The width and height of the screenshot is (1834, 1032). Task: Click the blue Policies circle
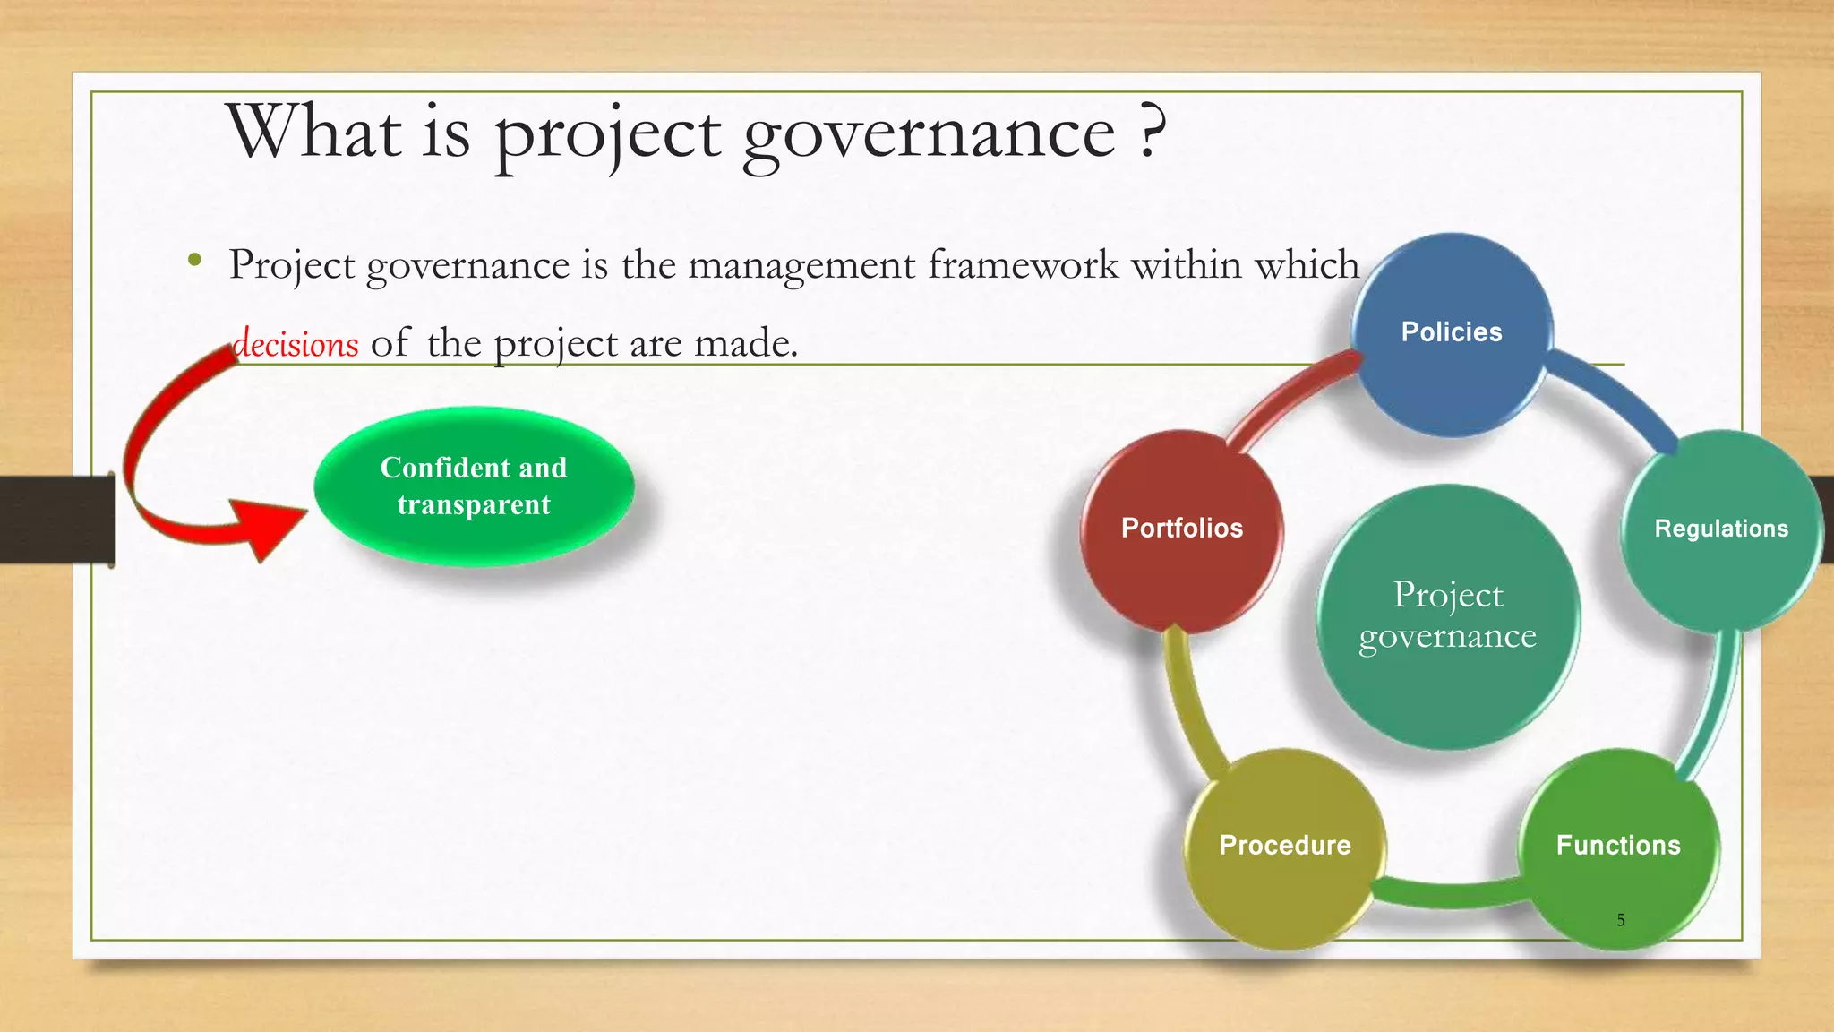(x=1452, y=333)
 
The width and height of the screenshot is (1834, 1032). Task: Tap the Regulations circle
(x=1720, y=529)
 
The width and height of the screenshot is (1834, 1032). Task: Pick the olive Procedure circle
(x=1284, y=847)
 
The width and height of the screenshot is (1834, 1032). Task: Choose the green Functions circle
(x=1618, y=847)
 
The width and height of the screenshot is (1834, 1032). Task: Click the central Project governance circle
(x=1447, y=616)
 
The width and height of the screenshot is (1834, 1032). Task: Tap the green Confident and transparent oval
(x=474, y=486)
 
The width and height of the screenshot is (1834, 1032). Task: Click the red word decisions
(x=296, y=344)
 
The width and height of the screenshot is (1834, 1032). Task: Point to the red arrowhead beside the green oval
(x=269, y=529)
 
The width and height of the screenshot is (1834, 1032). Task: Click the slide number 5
(x=1621, y=920)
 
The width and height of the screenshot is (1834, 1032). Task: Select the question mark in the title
(x=1153, y=132)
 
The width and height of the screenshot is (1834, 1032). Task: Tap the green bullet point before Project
(x=194, y=262)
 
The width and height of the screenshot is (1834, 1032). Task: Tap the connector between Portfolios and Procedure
(x=1187, y=699)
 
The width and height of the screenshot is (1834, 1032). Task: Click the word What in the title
(x=313, y=132)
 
